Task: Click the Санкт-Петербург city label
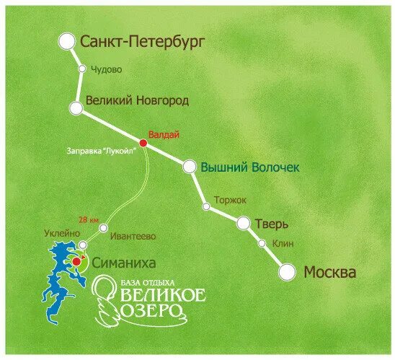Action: pos(143,43)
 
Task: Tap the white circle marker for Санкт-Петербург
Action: pos(67,42)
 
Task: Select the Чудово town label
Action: pos(105,69)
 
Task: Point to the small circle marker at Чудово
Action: pos(82,69)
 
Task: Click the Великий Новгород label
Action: pos(137,101)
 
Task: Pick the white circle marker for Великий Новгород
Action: pos(76,108)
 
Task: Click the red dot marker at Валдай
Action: pos(143,144)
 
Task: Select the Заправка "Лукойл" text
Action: pos(102,152)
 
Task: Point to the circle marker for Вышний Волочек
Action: pos(189,167)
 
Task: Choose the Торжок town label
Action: pos(231,200)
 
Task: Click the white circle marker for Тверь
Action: pos(244,222)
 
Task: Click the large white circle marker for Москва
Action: pos(287,272)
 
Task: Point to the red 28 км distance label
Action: pos(88,219)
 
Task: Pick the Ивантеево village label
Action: pos(129,235)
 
